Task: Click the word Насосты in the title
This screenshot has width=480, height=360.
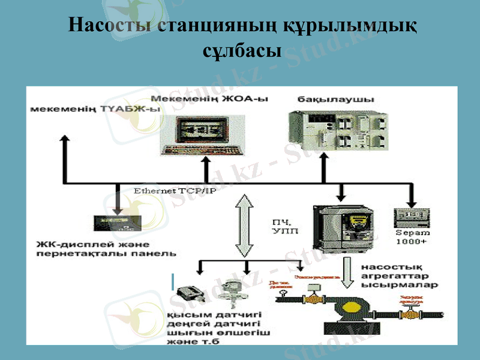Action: tap(110, 26)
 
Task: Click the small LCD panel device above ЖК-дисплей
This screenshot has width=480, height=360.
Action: tap(117, 223)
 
